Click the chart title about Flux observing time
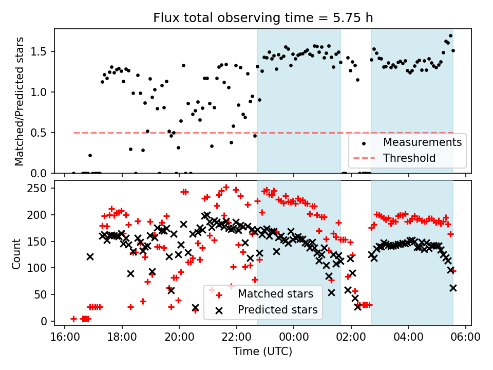pyautogui.click(x=263, y=18)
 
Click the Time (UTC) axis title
pyautogui.click(x=263, y=352)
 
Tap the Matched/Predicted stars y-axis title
pyautogui.click(x=19, y=101)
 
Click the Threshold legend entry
pyautogui.click(x=409, y=158)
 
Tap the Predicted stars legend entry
pyautogui.click(x=277, y=310)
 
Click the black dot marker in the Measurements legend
pyautogui.click(x=364, y=142)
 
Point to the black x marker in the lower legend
pyautogui.click(x=218, y=310)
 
